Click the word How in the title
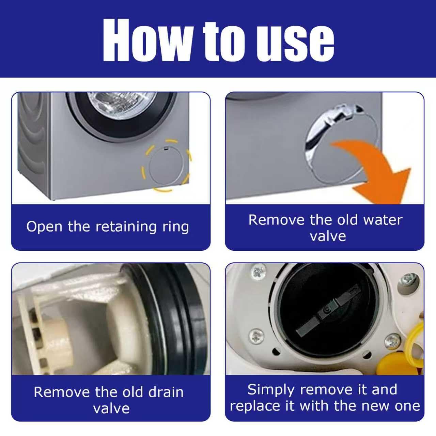[148, 40]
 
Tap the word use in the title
[295, 43]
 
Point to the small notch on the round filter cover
[166, 149]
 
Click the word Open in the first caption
[44, 227]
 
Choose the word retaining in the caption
[126, 227]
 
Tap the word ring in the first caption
[175, 227]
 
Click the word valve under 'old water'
[328, 237]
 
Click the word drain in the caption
[166, 392]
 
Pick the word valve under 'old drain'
[111, 409]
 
